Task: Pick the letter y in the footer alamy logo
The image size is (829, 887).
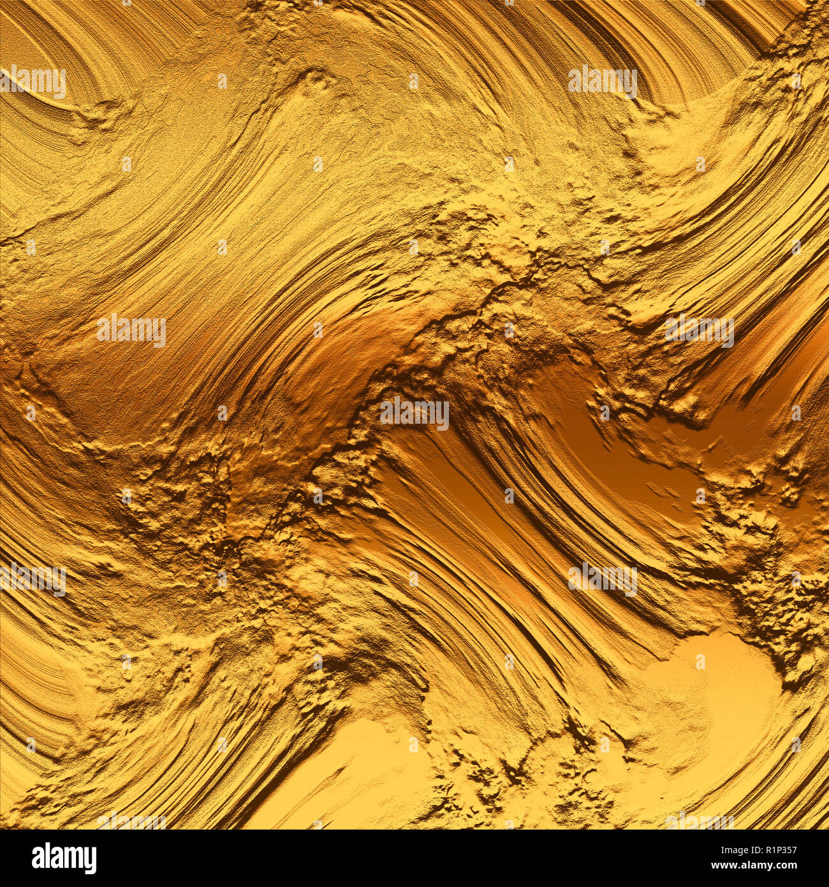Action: [89, 860]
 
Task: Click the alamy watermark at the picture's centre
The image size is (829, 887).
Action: [414, 414]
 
